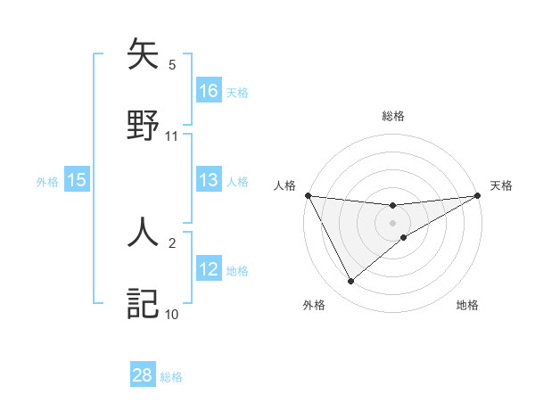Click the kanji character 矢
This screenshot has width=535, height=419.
(143, 55)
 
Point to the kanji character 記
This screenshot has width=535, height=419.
(143, 303)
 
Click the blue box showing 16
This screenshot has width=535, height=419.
(209, 91)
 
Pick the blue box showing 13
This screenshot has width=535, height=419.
(209, 181)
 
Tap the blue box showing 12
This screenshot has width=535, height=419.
(209, 269)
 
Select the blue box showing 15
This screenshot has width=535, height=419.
(77, 181)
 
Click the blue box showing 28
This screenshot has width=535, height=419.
(143, 375)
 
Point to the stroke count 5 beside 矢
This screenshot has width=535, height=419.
(172, 65)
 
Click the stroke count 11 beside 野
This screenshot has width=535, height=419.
(172, 136)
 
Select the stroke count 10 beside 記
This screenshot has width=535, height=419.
(172, 314)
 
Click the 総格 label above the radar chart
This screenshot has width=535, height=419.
(393, 116)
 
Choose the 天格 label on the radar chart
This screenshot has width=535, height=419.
(502, 185)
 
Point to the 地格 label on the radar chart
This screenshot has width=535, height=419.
(467, 306)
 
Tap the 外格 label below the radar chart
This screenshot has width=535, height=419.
(314, 306)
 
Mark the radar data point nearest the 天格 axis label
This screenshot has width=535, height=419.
(477, 196)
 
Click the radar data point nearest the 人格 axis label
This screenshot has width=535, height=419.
(309, 195)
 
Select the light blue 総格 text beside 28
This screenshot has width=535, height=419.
(172, 377)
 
